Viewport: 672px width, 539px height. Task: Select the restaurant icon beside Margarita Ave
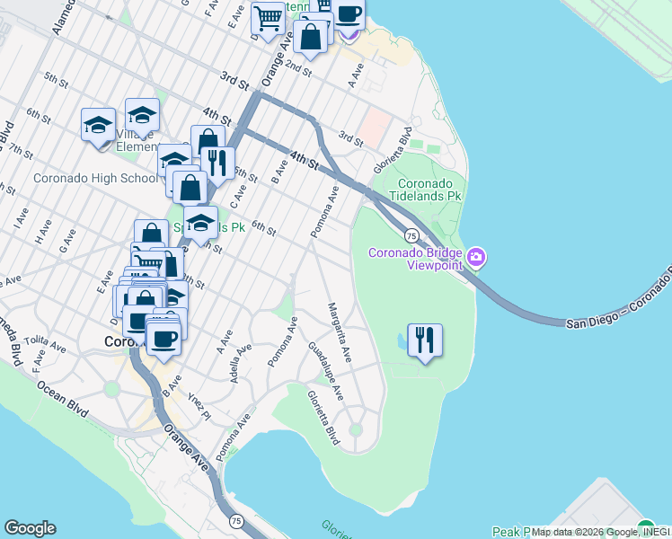click(425, 340)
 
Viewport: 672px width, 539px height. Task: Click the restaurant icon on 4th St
click(216, 163)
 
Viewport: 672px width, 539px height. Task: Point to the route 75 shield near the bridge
click(411, 235)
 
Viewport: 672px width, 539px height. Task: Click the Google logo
click(30, 528)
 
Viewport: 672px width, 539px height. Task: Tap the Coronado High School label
click(94, 178)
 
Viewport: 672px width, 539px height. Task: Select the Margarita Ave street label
click(340, 333)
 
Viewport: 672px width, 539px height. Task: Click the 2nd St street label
click(300, 68)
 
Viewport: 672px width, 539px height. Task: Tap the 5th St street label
click(57, 81)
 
